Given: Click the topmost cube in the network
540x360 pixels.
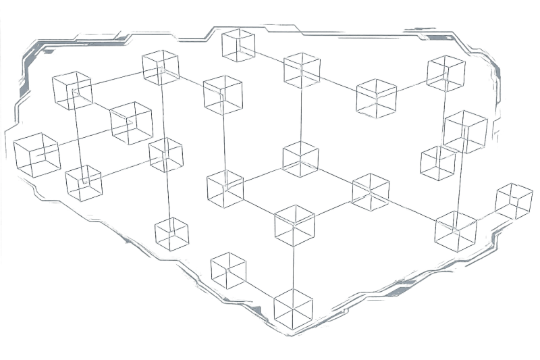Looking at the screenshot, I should [x=238, y=45].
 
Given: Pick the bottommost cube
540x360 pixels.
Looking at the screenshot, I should [x=294, y=307].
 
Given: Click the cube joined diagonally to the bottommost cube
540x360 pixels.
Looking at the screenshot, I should [x=228, y=269].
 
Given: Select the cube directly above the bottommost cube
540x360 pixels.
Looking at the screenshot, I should [x=295, y=222].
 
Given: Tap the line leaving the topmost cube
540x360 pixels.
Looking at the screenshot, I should [x=270, y=57].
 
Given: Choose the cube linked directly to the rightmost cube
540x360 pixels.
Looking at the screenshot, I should [x=456, y=230].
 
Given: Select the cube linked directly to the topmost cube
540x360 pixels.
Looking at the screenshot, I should [x=302, y=69].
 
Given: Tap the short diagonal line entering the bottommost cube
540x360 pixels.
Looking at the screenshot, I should [x=260, y=288].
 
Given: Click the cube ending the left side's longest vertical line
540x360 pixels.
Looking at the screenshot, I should [x=172, y=233].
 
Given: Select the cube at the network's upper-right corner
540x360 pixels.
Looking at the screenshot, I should [x=446, y=73].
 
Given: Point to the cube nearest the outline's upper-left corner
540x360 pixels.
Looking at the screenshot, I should [x=72, y=90].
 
